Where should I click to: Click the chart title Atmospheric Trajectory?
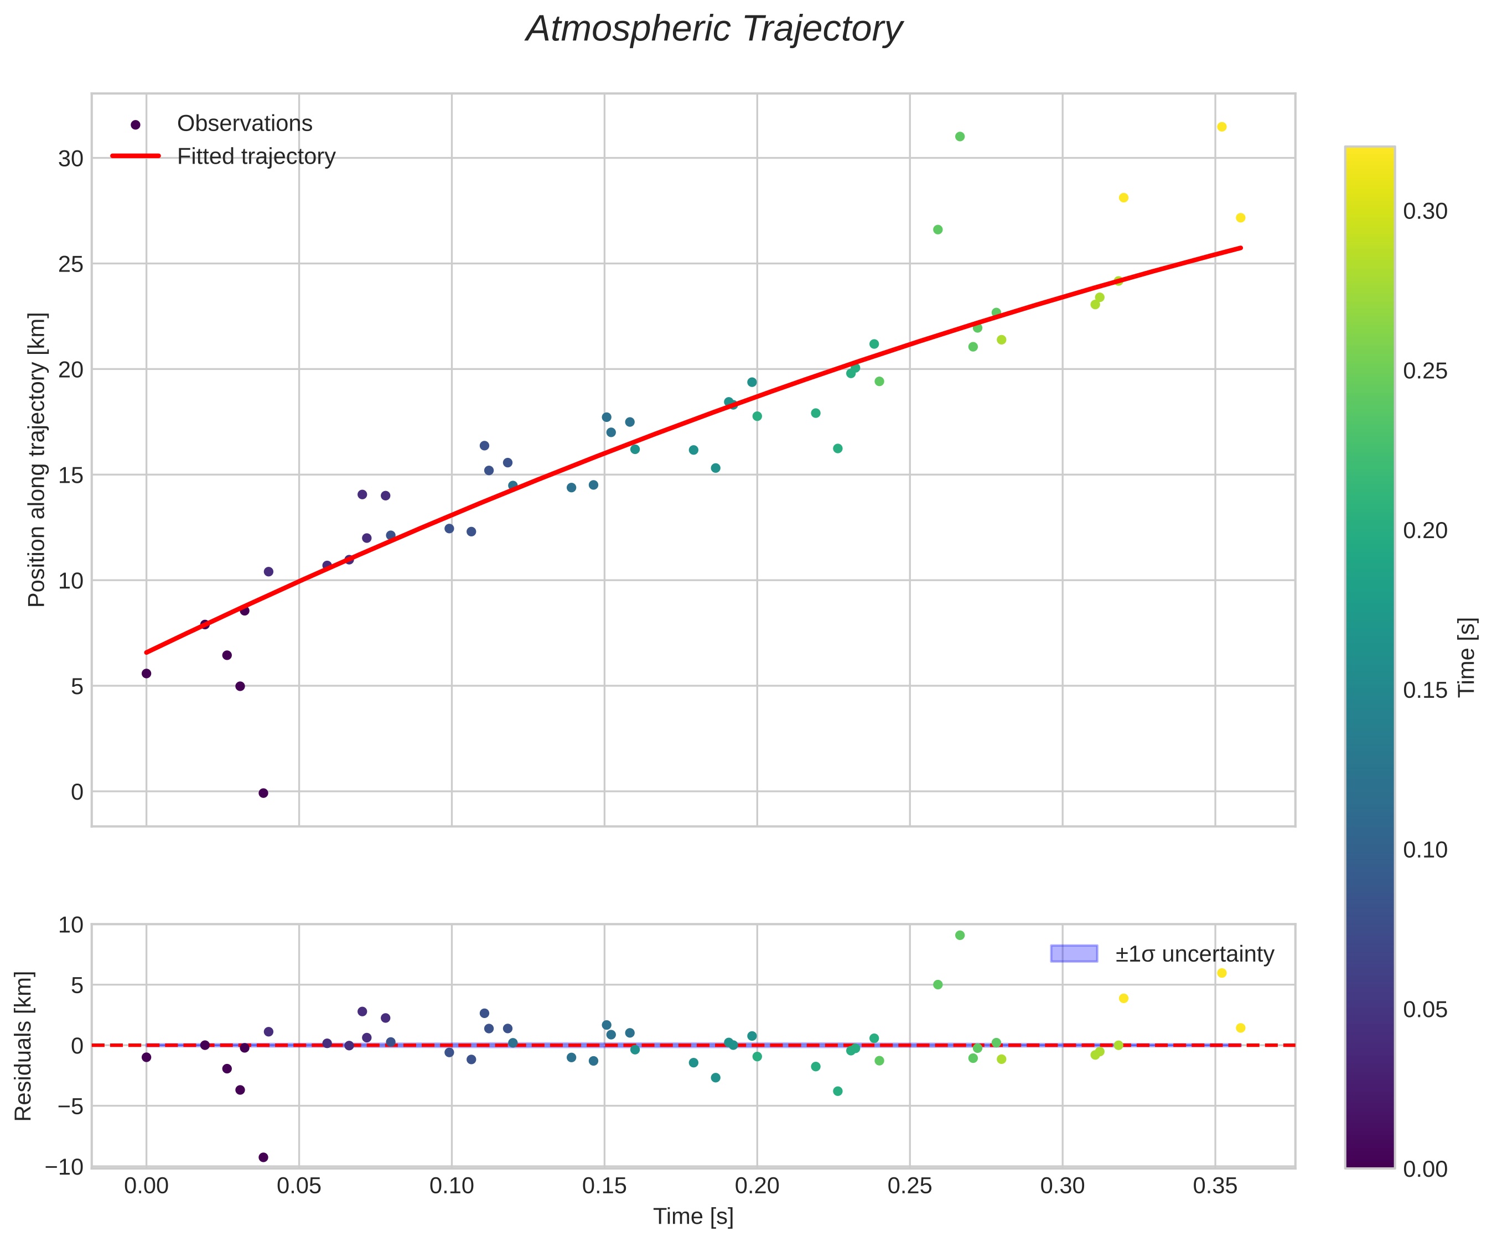713,30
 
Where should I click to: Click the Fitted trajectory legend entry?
256,156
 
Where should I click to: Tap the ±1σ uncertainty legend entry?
1194,954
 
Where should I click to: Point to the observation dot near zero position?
263,793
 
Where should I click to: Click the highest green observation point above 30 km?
960,137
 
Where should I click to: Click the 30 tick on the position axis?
70,158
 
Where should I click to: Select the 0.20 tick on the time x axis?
757,1186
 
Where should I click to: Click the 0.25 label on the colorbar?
1425,372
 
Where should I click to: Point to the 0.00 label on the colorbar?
1425,1169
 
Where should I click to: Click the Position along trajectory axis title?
37,460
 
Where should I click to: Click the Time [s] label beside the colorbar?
1468,657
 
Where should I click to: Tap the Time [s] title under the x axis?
693,1217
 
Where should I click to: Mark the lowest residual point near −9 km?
263,1157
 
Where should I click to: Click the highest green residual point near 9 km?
960,935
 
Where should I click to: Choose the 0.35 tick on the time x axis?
1215,1186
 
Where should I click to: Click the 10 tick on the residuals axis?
70,925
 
